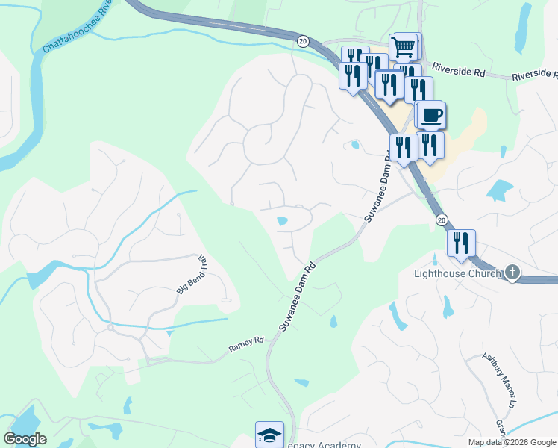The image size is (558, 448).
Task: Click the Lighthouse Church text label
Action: coord(458,273)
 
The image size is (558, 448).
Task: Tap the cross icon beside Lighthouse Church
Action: coord(512,273)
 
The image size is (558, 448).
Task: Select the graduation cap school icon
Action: coord(269,435)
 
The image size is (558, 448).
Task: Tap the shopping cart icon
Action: coord(403,48)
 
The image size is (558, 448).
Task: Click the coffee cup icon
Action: coord(431,116)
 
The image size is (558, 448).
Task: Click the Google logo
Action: coord(25,439)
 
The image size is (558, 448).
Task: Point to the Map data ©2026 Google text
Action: coord(512,442)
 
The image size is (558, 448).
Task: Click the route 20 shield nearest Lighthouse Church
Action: coord(442,220)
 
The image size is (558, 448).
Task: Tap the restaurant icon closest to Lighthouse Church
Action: coord(461,243)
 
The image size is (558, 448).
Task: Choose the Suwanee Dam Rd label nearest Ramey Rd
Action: coord(298,296)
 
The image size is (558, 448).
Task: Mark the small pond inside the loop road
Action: coord(282,221)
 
